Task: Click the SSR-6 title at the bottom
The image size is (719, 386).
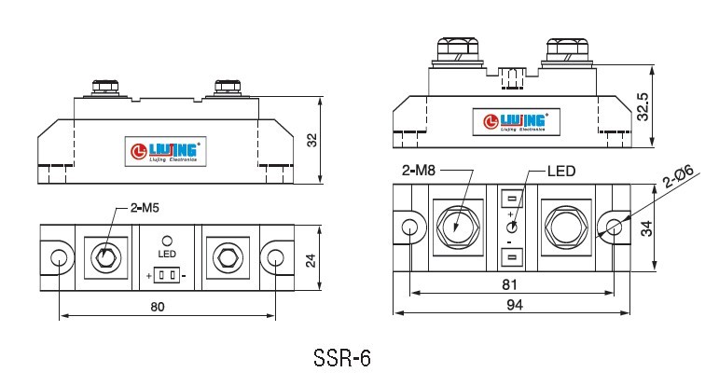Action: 342,358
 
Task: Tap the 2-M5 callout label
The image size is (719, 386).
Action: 145,208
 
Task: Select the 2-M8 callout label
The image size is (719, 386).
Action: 419,171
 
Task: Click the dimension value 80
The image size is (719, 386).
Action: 158,307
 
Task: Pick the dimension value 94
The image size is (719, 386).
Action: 515,305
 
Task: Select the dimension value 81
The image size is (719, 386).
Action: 509,284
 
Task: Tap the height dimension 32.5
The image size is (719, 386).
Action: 643,107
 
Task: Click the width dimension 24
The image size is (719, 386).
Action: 311,261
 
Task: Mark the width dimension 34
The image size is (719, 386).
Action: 646,228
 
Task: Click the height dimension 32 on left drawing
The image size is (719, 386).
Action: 311,140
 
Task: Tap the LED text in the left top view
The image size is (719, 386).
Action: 167,254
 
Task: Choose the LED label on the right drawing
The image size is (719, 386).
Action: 561,171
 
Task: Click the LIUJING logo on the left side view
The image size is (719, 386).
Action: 166,151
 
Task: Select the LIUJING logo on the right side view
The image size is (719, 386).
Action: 517,122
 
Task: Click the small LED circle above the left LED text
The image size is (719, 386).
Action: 167,241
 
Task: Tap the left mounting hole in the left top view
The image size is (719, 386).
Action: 59,257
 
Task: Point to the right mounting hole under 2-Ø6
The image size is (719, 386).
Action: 614,227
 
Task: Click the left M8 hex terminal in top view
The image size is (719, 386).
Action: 458,227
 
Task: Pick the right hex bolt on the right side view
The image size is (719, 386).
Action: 567,49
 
